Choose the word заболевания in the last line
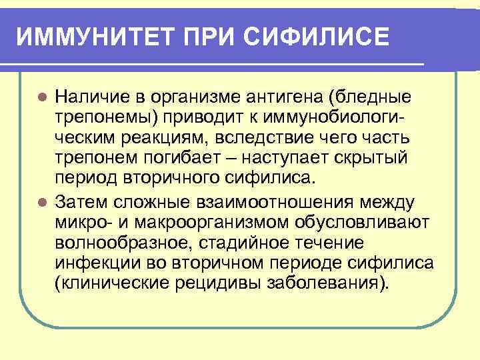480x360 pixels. (327, 284)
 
